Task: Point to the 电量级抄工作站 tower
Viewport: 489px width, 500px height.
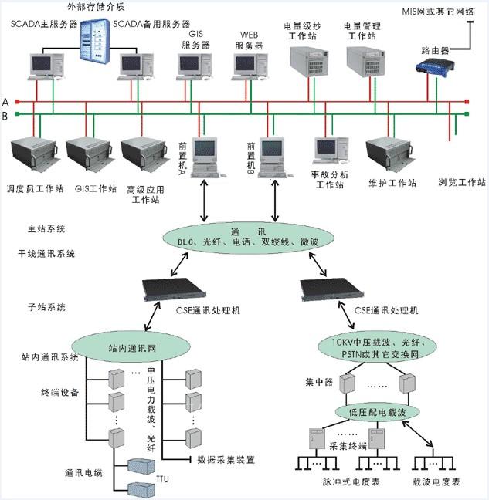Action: pos(304,65)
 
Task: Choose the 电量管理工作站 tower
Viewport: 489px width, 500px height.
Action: pos(363,65)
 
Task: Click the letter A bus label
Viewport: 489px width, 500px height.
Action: pos(5,102)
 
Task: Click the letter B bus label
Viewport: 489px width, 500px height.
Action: pos(5,116)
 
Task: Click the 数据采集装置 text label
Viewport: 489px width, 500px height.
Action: pos(226,460)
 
